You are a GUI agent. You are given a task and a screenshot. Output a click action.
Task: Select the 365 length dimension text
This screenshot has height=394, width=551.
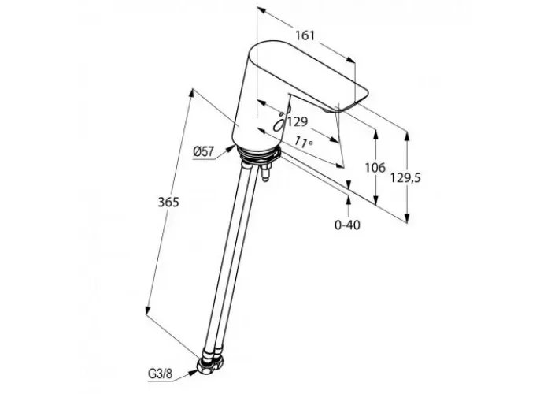[x=169, y=202]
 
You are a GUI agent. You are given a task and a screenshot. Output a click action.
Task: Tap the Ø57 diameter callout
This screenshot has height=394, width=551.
[x=204, y=153]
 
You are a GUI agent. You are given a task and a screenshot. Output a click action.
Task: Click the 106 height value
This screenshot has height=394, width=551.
[x=375, y=168]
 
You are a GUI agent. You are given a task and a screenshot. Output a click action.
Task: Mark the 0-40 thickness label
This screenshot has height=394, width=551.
[x=347, y=225]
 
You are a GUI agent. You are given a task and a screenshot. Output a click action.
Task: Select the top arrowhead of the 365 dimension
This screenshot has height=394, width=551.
[x=192, y=91]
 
